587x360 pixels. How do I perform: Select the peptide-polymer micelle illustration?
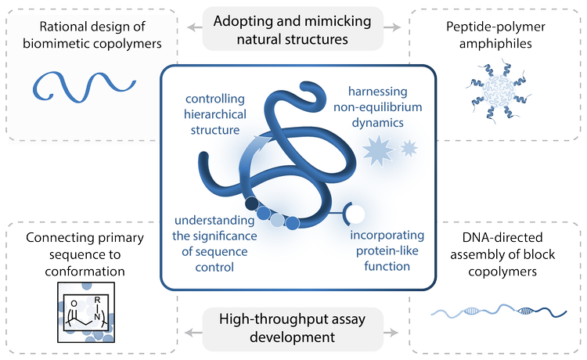(499, 91)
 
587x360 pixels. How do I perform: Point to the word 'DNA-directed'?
(502, 237)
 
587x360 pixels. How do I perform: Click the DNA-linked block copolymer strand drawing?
(499, 311)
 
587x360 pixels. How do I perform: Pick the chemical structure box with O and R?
(86, 312)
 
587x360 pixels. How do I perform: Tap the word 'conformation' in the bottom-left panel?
(85, 272)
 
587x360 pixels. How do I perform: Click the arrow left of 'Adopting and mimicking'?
(195, 27)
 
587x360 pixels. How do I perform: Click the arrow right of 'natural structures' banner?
(392, 27)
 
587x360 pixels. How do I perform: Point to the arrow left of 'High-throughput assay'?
(193, 333)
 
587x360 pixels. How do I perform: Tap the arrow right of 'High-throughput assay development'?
(392, 333)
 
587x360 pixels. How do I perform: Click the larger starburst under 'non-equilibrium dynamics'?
(378, 150)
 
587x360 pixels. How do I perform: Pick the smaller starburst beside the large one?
(409, 148)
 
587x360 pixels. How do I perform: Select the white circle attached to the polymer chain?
(355, 214)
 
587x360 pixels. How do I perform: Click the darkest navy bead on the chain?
(251, 203)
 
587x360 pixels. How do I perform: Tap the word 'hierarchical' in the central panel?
(215, 114)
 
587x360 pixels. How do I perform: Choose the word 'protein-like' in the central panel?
(387, 250)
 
